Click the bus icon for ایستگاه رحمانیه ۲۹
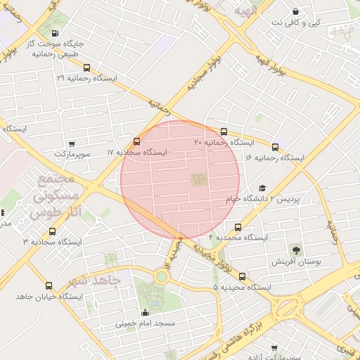86,68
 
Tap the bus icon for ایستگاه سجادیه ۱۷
136,141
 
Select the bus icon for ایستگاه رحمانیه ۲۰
224,131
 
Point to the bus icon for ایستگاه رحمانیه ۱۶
275,148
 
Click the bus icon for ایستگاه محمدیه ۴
238,228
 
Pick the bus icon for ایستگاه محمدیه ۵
243,276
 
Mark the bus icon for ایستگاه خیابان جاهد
49,285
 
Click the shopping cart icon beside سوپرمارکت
72,143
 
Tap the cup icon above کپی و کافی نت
295,12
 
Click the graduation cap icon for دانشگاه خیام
262,188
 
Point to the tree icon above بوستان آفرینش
296,249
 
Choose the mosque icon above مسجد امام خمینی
146,312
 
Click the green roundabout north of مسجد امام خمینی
162,276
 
